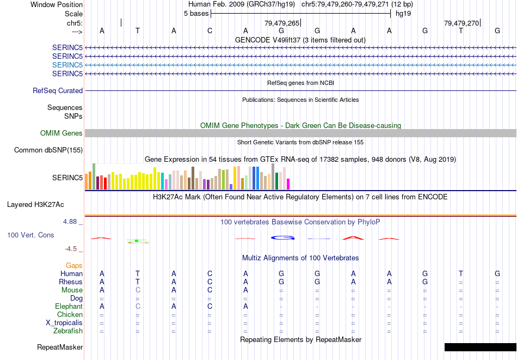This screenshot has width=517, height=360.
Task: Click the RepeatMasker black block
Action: (480, 347)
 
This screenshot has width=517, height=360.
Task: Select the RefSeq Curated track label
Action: (58, 91)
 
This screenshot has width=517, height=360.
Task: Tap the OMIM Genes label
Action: (61, 133)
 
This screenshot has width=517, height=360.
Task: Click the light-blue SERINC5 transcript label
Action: (67, 65)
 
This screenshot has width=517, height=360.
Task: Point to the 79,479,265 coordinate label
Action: (282, 23)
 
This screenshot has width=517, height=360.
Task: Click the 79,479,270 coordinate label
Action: (461, 23)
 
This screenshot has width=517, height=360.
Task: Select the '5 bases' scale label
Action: (196, 13)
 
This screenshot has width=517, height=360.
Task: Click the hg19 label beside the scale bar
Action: (403, 13)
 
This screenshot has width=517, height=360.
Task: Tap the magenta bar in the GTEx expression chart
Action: (288, 184)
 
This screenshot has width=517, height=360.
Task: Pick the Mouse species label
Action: (72, 290)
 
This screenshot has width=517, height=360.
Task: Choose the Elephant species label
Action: (69, 307)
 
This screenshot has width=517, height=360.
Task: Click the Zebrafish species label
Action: (68, 331)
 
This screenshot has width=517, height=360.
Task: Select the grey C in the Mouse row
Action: (138, 290)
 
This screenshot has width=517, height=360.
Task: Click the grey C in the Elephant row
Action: (138, 307)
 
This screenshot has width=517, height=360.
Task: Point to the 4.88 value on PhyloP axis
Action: (71, 222)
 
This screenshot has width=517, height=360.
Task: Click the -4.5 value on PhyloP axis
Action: (71, 249)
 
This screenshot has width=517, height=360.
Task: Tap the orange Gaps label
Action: (74, 266)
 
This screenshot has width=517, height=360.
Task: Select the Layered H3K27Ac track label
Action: (35, 205)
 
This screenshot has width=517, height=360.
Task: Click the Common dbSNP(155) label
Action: (48, 150)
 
